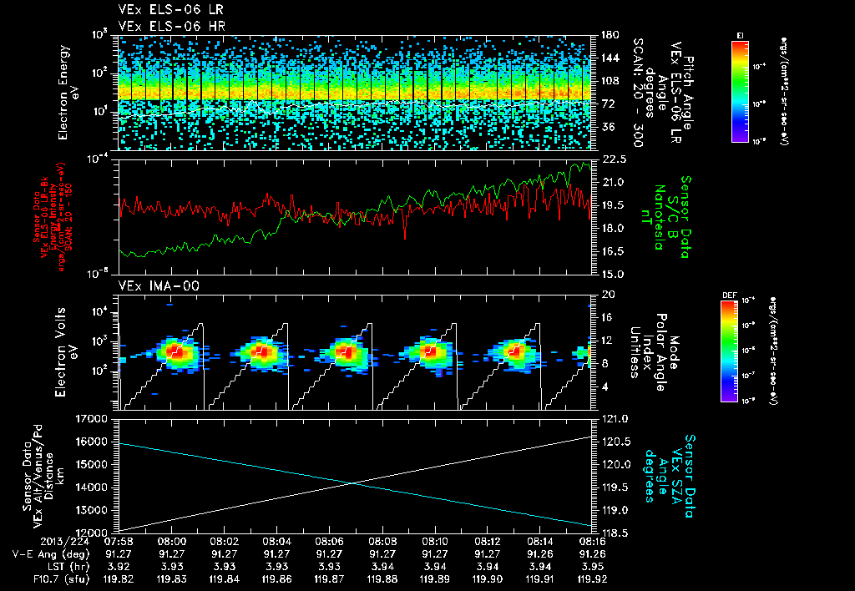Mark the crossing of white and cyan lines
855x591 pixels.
tap(354, 482)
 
